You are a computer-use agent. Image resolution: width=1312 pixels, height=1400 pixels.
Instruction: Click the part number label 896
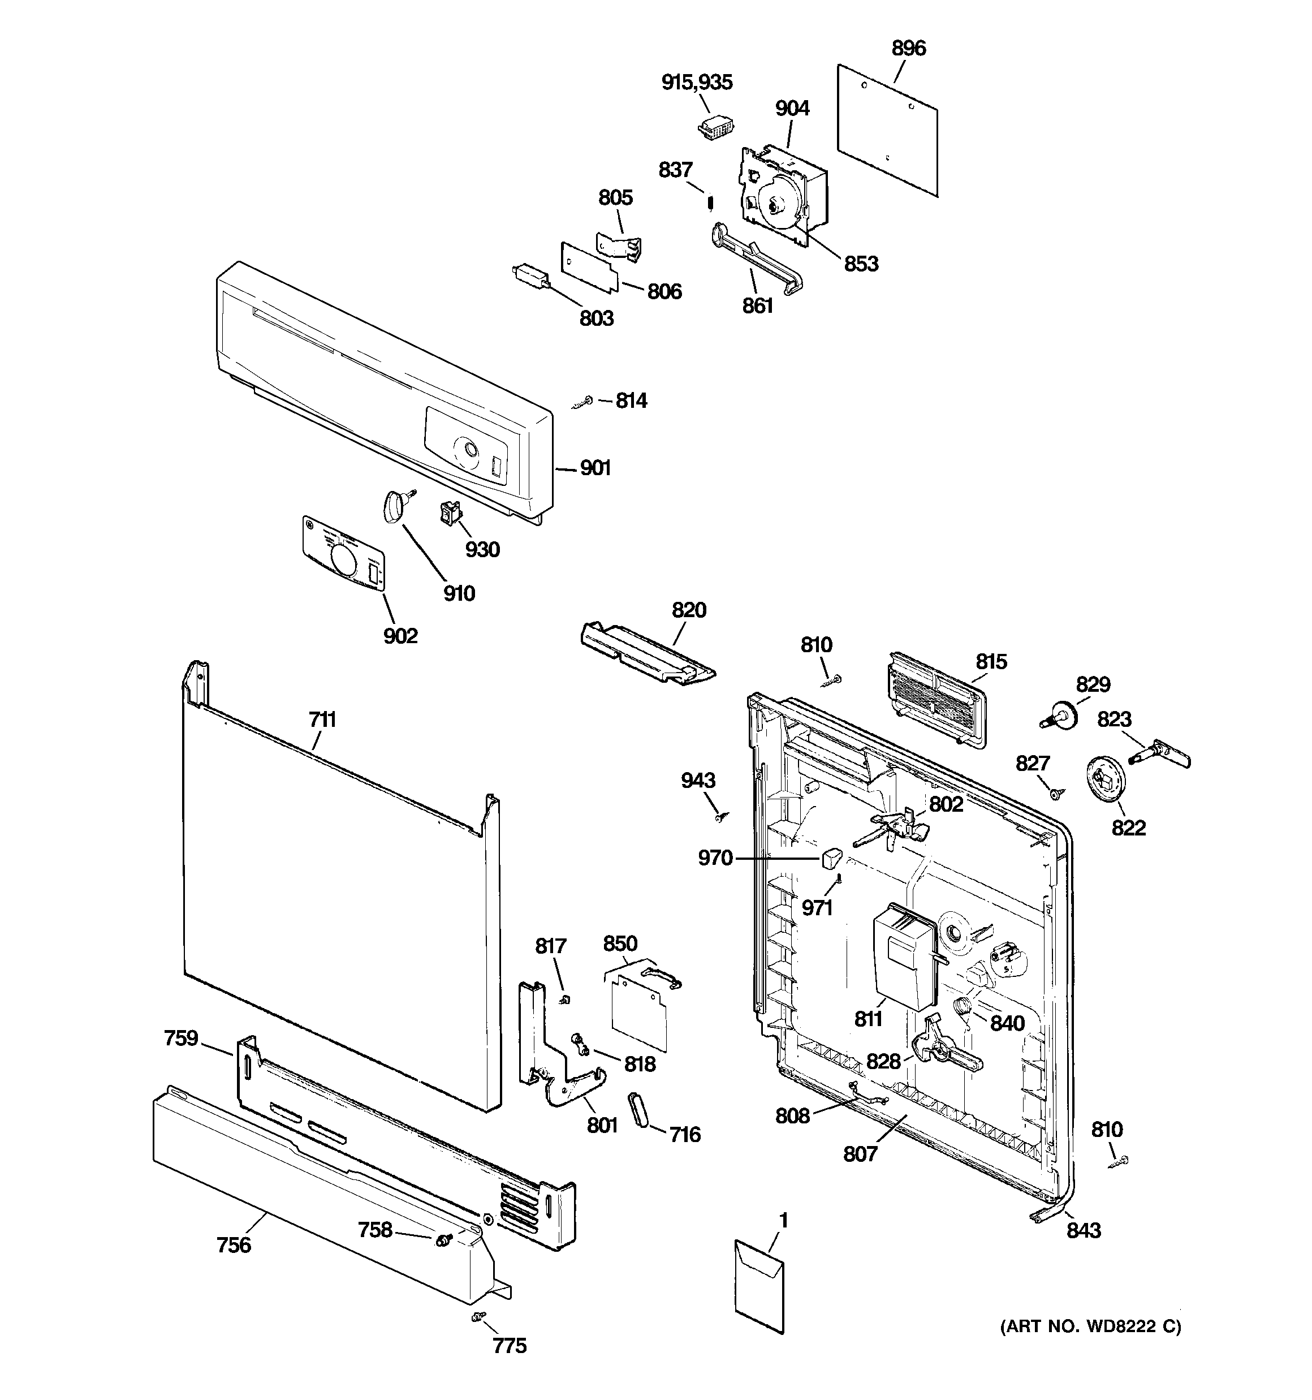pos(908,49)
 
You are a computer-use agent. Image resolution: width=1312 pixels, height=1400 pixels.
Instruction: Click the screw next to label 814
pos(583,402)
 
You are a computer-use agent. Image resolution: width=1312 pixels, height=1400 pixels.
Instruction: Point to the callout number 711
pos(322,720)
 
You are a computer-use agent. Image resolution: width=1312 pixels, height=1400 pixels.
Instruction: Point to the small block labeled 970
pos(831,859)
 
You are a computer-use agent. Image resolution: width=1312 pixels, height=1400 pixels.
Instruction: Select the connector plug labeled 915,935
pos(713,128)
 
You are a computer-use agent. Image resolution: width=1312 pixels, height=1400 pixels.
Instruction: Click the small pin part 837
pos(711,203)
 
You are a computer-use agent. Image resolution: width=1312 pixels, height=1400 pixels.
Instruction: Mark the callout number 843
pos(1083,1230)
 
